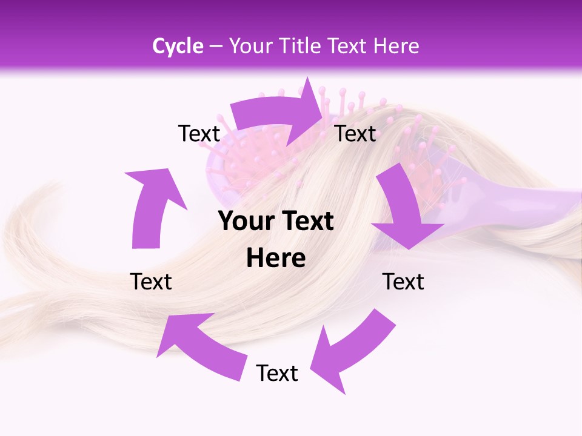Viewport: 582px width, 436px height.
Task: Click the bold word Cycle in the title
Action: pos(178,46)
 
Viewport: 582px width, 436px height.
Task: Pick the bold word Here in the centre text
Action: pos(276,259)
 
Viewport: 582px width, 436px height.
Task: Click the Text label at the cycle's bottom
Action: pos(277,374)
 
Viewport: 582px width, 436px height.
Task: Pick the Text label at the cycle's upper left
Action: pos(199,134)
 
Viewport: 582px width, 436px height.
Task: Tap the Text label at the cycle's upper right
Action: pos(356,134)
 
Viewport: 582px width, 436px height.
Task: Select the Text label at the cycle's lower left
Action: pos(151,282)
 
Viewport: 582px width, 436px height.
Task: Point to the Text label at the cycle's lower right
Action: pos(403,282)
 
